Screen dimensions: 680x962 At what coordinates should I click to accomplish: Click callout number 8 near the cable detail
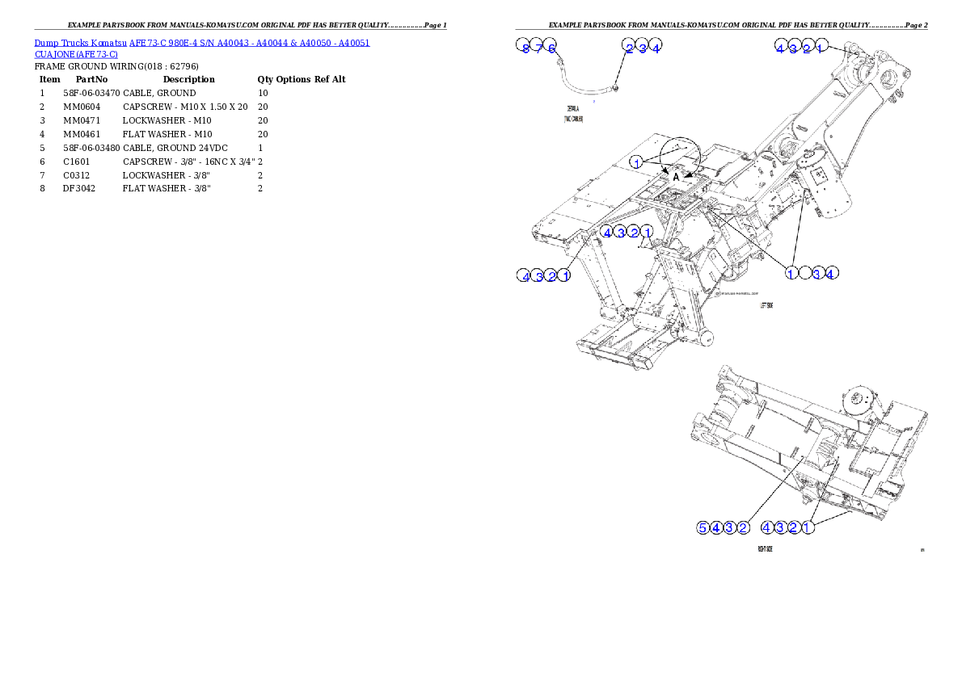click(525, 48)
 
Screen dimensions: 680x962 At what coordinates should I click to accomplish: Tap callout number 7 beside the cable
click(538, 48)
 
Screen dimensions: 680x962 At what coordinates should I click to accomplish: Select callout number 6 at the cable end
click(551, 48)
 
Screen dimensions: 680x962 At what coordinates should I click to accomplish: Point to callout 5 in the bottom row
click(703, 528)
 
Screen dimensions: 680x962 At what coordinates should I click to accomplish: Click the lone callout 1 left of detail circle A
click(637, 162)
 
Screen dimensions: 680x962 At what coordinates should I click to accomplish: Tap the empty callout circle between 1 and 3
click(804, 273)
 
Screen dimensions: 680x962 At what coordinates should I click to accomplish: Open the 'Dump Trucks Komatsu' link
click(81, 42)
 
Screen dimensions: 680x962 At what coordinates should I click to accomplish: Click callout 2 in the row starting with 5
click(743, 528)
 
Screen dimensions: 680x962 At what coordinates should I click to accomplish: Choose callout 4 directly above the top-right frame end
click(780, 48)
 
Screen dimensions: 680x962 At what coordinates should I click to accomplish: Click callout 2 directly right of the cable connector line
click(629, 48)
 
